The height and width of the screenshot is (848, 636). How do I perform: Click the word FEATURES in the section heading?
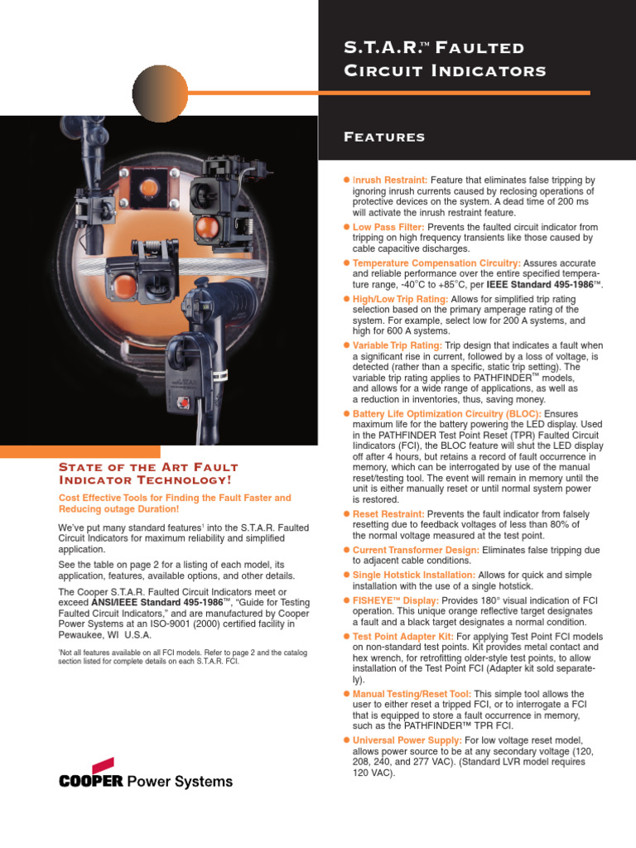(x=384, y=137)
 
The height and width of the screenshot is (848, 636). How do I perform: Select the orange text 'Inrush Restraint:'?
(x=390, y=180)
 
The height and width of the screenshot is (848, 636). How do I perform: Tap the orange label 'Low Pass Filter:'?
(x=388, y=227)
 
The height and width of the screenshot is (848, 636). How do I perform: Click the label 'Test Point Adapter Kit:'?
(x=402, y=636)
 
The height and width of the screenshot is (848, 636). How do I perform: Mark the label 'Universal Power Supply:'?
(x=407, y=740)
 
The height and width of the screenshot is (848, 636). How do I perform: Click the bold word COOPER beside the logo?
(x=90, y=781)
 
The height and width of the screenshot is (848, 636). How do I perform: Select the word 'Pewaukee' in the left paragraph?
(x=84, y=636)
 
